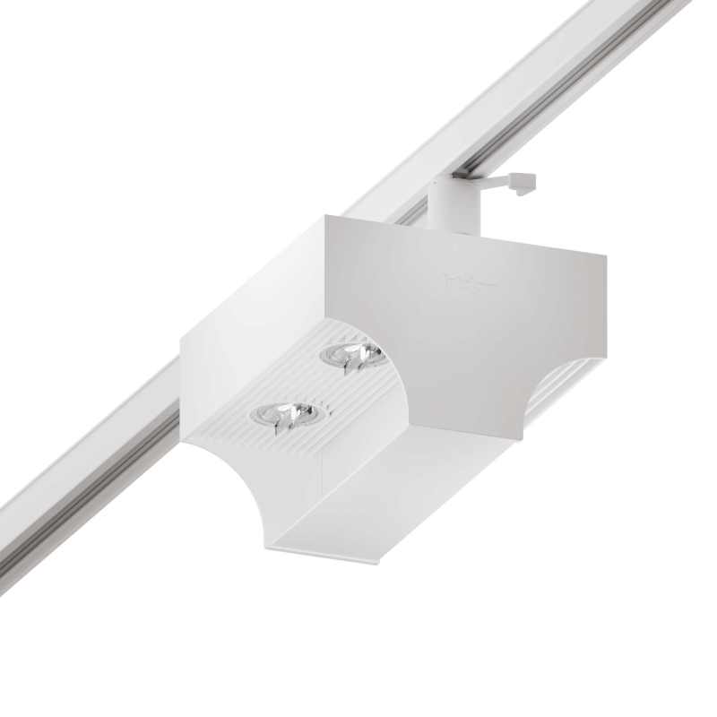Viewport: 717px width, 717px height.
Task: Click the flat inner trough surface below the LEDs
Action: [376, 502]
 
